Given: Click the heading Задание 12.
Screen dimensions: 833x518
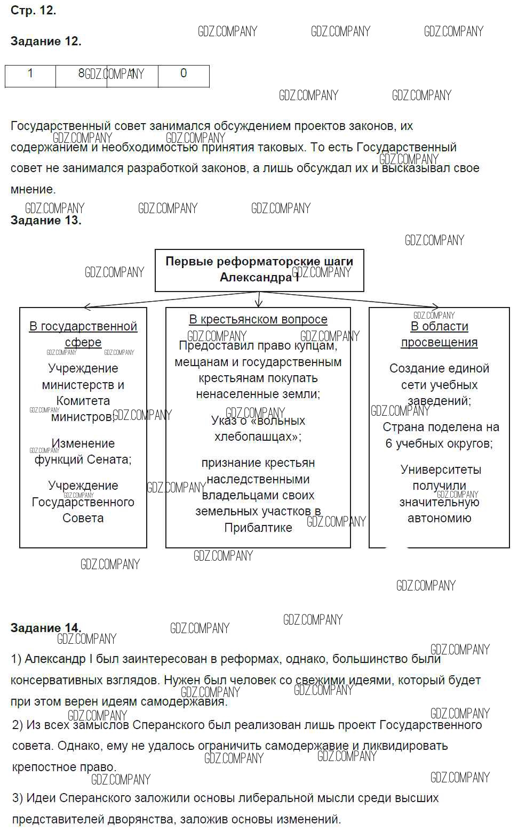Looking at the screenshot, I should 46,42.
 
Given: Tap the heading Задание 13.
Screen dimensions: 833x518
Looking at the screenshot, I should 46,221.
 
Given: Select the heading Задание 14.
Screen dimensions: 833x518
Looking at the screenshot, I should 46,628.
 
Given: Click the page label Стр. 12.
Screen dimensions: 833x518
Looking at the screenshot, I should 33,10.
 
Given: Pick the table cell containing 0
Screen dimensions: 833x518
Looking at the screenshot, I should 184,74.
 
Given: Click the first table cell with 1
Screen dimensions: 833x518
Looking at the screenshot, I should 30,74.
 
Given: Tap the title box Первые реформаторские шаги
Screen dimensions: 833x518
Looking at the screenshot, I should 259,270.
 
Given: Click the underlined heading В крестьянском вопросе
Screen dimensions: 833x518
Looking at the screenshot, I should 258,319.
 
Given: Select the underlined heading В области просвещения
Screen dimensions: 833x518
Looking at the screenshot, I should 439,334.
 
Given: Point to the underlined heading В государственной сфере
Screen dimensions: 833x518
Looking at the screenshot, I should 83,334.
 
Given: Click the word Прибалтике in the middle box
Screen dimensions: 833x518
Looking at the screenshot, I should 258,528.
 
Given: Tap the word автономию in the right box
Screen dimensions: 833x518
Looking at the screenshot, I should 439,518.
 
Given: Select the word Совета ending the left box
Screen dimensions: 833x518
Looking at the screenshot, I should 83,518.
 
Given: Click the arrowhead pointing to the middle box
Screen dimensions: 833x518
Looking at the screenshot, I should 259,304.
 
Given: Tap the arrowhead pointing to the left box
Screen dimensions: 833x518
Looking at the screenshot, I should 87,307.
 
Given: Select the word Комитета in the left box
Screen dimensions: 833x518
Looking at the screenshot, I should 83,401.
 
